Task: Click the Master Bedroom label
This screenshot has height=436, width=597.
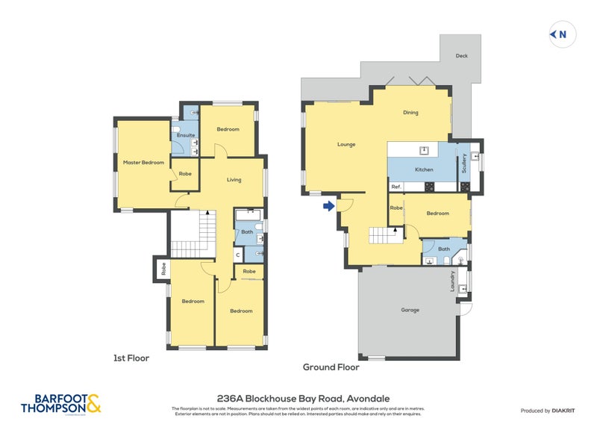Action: [x=143, y=162]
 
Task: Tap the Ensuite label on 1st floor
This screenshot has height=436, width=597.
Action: [x=186, y=135]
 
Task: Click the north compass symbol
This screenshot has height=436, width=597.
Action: [x=562, y=34]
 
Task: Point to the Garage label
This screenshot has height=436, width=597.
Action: [x=410, y=310]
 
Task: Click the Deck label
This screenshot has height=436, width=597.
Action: [x=462, y=55]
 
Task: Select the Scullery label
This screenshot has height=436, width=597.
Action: [x=464, y=163]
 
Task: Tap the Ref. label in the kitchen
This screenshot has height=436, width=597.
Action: [x=396, y=187]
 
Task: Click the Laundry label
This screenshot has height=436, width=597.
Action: [x=452, y=281]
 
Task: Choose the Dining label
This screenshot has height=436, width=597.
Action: [x=410, y=113]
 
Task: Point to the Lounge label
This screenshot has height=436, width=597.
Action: [x=346, y=144]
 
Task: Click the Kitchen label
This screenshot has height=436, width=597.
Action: [x=424, y=169]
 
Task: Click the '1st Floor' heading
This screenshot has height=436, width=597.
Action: [x=131, y=358]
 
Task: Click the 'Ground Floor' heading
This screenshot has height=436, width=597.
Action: [x=331, y=367]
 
